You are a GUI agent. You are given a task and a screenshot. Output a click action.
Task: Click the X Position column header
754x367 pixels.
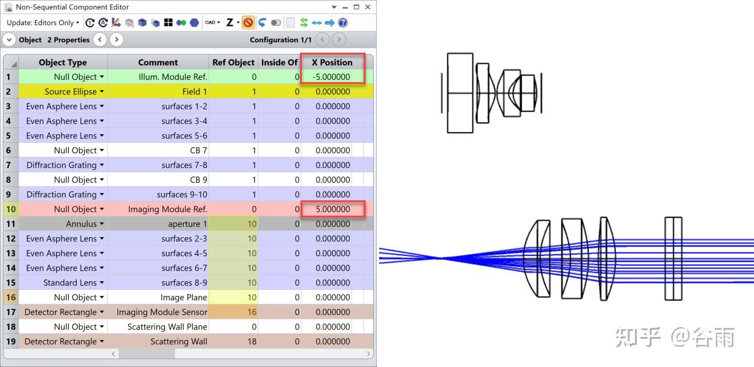click(332, 62)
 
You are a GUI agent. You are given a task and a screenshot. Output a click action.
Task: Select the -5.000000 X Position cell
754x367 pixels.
click(332, 77)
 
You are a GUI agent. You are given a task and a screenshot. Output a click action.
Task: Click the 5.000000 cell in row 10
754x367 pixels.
click(333, 209)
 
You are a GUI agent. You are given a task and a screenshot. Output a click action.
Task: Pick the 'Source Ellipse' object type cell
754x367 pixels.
click(63, 91)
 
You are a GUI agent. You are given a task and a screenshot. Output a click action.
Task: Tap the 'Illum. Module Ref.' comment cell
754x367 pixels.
click(158, 77)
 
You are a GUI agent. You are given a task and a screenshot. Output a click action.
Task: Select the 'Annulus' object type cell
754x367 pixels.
click(63, 224)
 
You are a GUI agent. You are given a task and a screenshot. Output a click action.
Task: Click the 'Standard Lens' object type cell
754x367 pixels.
click(63, 282)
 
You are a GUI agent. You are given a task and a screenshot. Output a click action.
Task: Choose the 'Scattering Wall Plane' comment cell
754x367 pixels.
click(158, 327)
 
